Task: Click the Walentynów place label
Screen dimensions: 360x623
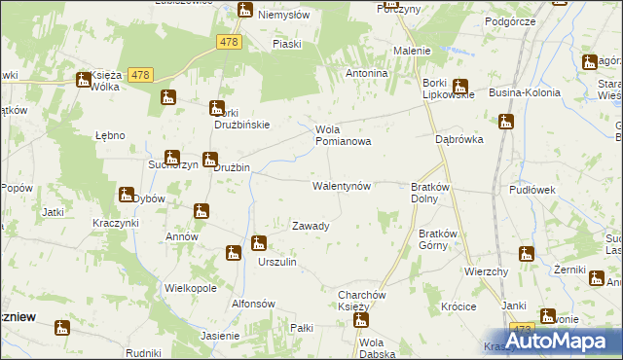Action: (x=341, y=185)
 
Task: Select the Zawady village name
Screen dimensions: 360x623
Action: (x=311, y=226)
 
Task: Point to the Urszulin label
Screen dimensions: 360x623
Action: (x=276, y=263)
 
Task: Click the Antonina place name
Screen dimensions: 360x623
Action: (x=368, y=73)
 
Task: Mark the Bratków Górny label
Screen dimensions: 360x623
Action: (x=438, y=239)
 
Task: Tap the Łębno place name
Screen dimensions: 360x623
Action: (x=110, y=135)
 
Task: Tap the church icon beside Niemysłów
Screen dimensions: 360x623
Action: (x=244, y=12)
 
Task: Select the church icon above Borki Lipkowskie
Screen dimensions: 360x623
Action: (x=459, y=86)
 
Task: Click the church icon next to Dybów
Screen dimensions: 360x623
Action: (x=126, y=196)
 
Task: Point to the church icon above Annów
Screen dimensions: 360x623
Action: (x=201, y=211)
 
